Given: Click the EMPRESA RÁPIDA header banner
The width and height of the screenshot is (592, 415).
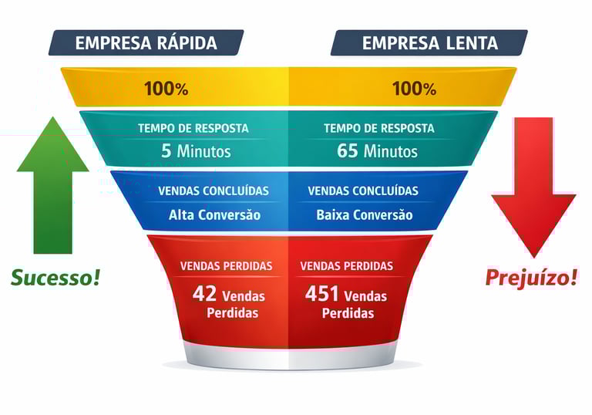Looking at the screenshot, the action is pyautogui.click(x=146, y=43).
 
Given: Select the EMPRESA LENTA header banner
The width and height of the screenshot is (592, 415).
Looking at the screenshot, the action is pyautogui.click(x=429, y=43).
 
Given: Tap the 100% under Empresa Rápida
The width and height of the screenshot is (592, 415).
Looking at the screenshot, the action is pyautogui.click(x=166, y=88).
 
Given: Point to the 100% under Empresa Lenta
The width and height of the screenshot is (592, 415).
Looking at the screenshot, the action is pyautogui.click(x=414, y=88).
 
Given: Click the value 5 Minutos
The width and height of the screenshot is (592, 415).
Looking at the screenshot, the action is pyautogui.click(x=196, y=150).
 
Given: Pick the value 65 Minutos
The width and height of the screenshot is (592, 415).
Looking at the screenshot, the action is pyautogui.click(x=377, y=150).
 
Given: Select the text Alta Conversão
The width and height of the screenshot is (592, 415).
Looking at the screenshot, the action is pyautogui.click(x=214, y=214).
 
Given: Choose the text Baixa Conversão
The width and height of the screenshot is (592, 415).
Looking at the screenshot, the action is pyautogui.click(x=364, y=214).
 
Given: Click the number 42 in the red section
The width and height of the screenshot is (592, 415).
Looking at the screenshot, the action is pyautogui.click(x=204, y=294).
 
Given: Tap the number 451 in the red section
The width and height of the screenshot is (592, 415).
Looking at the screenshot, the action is pyautogui.click(x=321, y=294).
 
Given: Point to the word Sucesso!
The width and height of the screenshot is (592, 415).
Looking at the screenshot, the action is pyautogui.click(x=55, y=277).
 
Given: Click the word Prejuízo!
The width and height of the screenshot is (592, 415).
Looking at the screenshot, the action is pyautogui.click(x=531, y=277).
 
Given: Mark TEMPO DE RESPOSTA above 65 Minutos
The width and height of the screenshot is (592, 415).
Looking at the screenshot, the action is pyautogui.click(x=378, y=128).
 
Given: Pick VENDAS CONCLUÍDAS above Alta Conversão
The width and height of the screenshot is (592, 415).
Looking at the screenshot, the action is pyautogui.click(x=214, y=191).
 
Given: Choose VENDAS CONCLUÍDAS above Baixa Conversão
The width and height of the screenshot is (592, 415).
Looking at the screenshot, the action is pyautogui.click(x=363, y=191).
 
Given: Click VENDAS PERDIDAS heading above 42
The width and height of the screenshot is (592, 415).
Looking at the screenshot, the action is pyautogui.click(x=226, y=265).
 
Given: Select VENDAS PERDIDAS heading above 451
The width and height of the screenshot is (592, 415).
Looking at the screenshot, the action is pyautogui.click(x=346, y=265).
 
